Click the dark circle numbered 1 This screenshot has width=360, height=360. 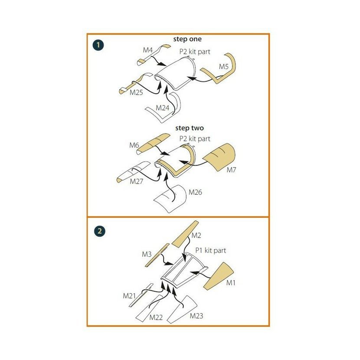(98, 45)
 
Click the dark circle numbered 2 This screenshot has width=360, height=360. (99, 231)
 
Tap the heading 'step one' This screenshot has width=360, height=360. (187, 39)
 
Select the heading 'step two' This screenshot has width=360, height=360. (190, 128)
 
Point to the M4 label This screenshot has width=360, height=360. (148, 50)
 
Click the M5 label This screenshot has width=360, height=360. (224, 67)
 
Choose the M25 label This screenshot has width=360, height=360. (136, 92)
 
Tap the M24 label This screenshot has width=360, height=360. (163, 108)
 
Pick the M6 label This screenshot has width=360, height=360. (134, 145)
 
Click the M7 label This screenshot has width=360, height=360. (231, 170)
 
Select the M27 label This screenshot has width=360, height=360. (136, 181)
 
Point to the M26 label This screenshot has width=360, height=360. (195, 192)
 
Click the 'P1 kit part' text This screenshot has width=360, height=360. (210, 250)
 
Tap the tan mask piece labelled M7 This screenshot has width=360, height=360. (220, 157)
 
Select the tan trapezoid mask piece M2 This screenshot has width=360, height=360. (185, 234)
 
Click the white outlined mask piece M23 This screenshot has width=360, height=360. (182, 310)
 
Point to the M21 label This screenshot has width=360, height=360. (130, 296)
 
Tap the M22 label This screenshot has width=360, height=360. (156, 317)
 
